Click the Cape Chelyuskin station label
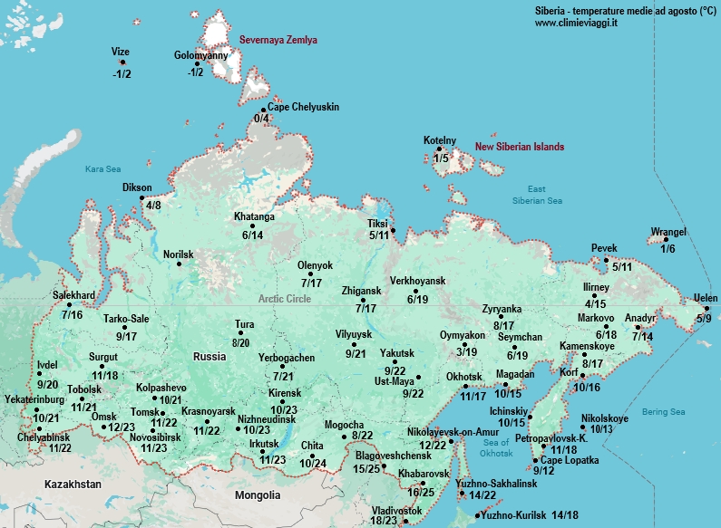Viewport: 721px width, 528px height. pyautogui.click(x=303, y=107)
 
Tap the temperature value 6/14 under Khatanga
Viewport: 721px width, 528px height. pyautogui.click(x=252, y=235)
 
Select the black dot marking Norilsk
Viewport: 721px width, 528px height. pyautogui.click(x=153, y=264)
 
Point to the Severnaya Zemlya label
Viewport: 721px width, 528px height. pyautogui.click(x=278, y=41)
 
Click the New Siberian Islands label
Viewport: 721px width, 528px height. pyautogui.click(x=520, y=147)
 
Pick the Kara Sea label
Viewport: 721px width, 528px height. pyautogui.click(x=102, y=168)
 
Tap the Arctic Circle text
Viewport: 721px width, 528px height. pyautogui.click(x=285, y=298)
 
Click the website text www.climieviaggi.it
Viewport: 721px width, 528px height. pyautogui.click(x=576, y=23)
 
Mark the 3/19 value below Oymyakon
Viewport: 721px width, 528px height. pyautogui.click(x=467, y=351)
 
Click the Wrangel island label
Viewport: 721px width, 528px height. pyautogui.click(x=668, y=233)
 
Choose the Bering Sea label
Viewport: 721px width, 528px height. pyautogui.click(x=663, y=412)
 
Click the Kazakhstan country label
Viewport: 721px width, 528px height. pyautogui.click(x=74, y=485)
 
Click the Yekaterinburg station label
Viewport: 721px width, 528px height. pyautogui.click(x=34, y=399)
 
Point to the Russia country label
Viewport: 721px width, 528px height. pyautogui.click(x=209, y=356)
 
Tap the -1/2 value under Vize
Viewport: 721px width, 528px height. pyautogui.click(x=122, y=74)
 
